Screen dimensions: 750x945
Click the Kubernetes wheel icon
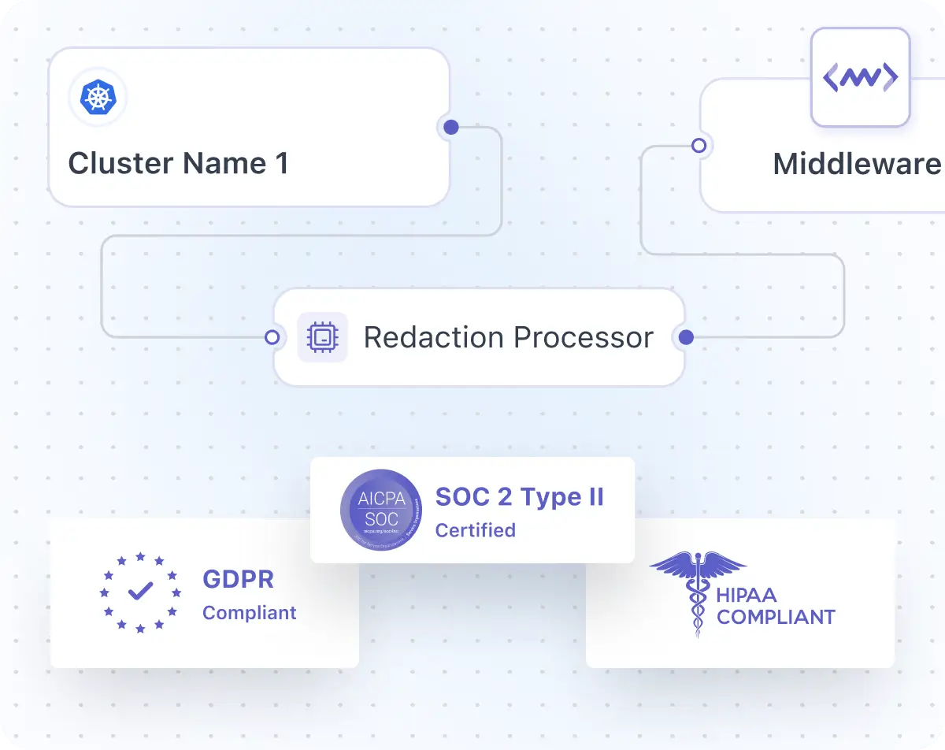pyautogui.click(x=98, y=98)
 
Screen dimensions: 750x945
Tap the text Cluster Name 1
pyautogui.click(x=178, y=163)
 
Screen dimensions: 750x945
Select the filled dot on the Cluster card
pyautogui.click(x=450, y=127)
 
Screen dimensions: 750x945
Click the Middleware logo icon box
pyautogui.click(x=860, y=77)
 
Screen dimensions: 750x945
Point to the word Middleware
pyautogui.click(x=857, y=164)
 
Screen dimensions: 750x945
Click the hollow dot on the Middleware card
pyautogui.click(x=698, y=146)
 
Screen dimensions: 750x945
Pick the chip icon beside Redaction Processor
pyautogui.click(x=321, y=337)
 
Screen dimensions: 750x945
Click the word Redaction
pyautogui.click(x=433, y=337)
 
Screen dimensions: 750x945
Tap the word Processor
pyautogui.click(x=583, y=337)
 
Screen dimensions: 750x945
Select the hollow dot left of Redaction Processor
pyautogui.click(x=272, y=337)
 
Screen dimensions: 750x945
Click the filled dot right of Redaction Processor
pyautogui.click(x=686, y=337)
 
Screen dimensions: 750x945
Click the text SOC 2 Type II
pyautogui.click(x=520, y=497)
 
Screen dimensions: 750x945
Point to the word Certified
pyautogui.click(x=475, y=530)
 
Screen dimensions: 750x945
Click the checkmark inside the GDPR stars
pyautogui.click(x=140, y=591)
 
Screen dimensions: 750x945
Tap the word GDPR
pyautogui.click(x=238, y=579)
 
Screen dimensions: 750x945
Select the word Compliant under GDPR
pyautogui.click(x=249, y=613)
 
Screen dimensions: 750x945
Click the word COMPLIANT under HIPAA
pyautogui.click(x=776, y=617)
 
